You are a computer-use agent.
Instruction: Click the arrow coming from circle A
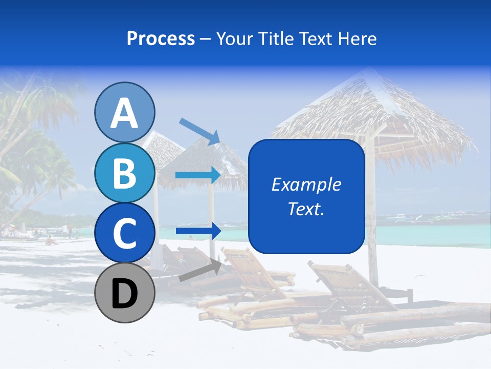(199, 131)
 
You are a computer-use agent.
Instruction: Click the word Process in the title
(161, 39)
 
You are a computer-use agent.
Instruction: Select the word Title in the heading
(276, 39)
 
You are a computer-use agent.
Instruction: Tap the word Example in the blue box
(306, 184)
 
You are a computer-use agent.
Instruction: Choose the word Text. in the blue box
(306, 209)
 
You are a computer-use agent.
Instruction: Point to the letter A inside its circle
(124, 113)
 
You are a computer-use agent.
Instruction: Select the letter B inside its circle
(124, 173)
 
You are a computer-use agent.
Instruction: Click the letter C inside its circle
(124, 234)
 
